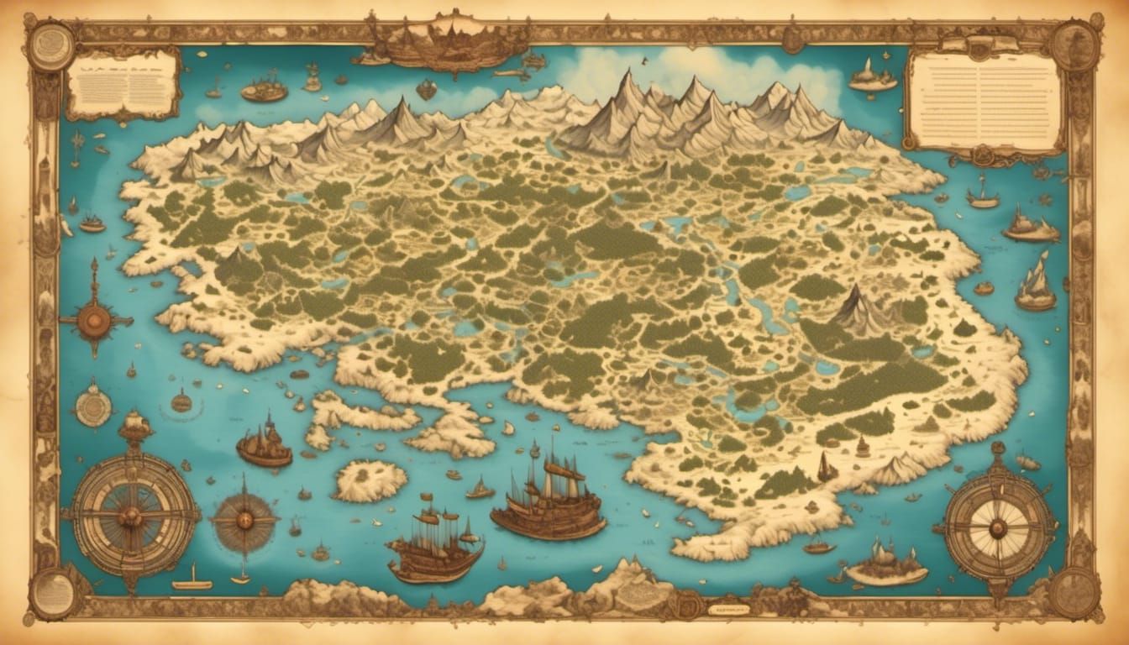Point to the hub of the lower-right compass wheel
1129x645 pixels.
pos(998,527)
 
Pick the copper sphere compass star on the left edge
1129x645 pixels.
pos(94,320)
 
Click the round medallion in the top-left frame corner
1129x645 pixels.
pos(51,45)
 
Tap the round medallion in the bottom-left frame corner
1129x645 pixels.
pos(52,593)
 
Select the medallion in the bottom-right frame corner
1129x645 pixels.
pos(1074,593)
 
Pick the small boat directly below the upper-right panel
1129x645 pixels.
pos(982,195)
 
